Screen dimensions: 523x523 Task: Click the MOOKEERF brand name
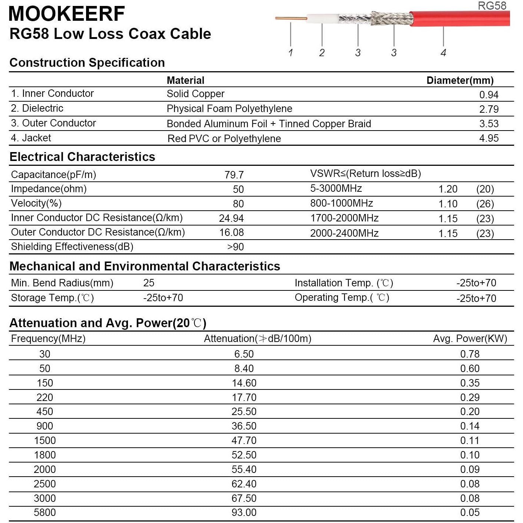point(66,14)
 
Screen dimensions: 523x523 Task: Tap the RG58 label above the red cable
point(492,6)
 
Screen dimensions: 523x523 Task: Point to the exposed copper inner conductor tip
point(291,18)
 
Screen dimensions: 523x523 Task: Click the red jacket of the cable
point(460,19)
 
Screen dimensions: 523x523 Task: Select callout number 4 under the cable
point(443,53)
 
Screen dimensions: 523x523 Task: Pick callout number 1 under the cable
point(290,53)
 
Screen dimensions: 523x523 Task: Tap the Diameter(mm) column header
point(460,80)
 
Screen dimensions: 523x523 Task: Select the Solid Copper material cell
point(195,94)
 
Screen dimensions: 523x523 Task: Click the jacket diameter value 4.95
point(489,138)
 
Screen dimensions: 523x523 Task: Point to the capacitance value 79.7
point(234,175)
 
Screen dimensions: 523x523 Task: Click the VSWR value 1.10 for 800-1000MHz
point(448,204)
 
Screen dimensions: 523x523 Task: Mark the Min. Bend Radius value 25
point(149,283)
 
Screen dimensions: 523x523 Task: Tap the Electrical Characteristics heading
point(82,157)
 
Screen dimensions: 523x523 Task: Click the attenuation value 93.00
point(244,513)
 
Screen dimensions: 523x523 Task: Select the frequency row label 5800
point(45,513)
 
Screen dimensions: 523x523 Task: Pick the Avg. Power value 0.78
point(470,354)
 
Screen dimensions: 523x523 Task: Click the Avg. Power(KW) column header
point(470,339)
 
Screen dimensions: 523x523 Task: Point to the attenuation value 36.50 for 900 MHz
point(244,426)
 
